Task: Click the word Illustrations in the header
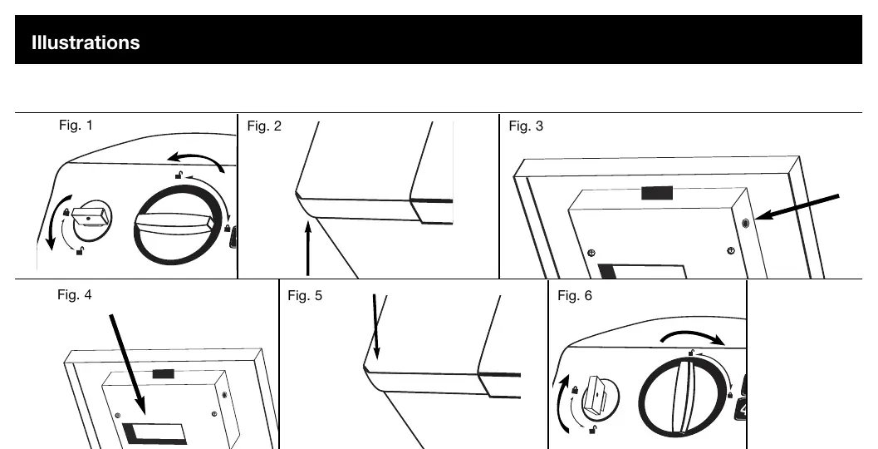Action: (86, 42)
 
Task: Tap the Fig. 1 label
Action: (76, 125)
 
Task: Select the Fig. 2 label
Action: (264, 126)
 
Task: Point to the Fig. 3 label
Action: (526, 126)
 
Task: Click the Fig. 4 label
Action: (75, 295)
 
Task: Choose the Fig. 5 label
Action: (305, 295)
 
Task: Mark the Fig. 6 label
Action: (575, 295)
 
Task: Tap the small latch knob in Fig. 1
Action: (91, 220)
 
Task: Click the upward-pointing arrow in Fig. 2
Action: (308, 249)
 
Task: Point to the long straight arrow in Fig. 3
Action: (797, 207)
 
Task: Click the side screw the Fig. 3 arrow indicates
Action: (745, 224)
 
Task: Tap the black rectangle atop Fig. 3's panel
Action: (657, 194)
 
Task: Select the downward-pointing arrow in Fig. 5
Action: (376, 327)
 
